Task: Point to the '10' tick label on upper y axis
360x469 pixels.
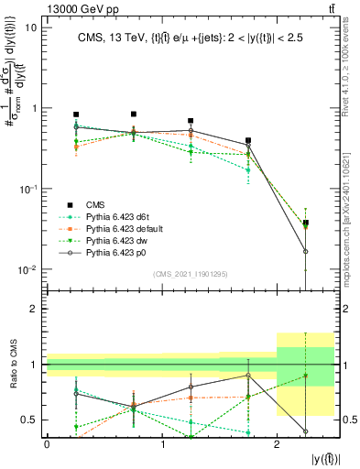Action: coord(30,27)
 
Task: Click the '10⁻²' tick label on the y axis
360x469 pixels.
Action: coord(27,269)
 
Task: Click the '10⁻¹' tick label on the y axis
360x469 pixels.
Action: coord(27,189)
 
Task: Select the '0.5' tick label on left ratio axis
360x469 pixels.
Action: coord(29,420)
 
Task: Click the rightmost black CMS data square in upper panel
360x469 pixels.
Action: coord(306,223)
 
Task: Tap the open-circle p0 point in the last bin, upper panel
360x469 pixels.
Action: coord(306,251)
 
